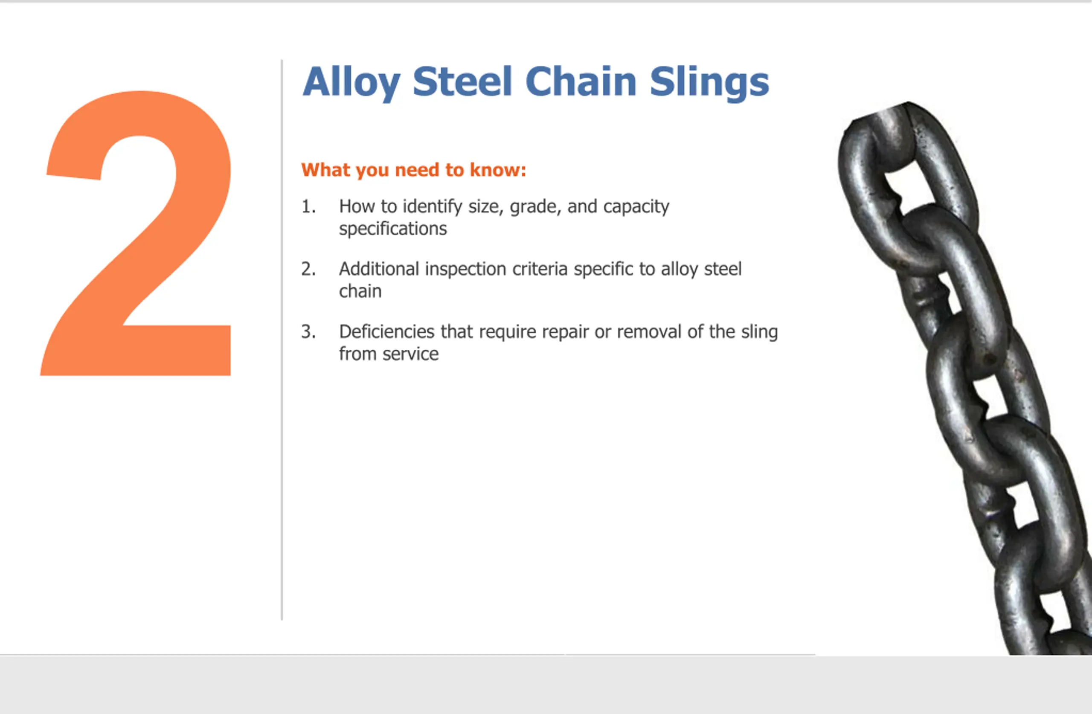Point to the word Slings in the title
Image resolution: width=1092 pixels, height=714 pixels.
click(709, 83)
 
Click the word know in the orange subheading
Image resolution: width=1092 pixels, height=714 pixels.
click(497, 170)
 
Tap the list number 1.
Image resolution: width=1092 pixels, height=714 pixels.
click(308, 206)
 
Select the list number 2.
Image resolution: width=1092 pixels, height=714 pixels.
click(308, 269)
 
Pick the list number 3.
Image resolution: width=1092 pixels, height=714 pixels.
click(308, 331)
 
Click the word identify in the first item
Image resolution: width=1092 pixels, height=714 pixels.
click(433, 207)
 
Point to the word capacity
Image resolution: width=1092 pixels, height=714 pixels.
click(636, 207)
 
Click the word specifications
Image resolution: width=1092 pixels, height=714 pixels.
click(393, 229)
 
